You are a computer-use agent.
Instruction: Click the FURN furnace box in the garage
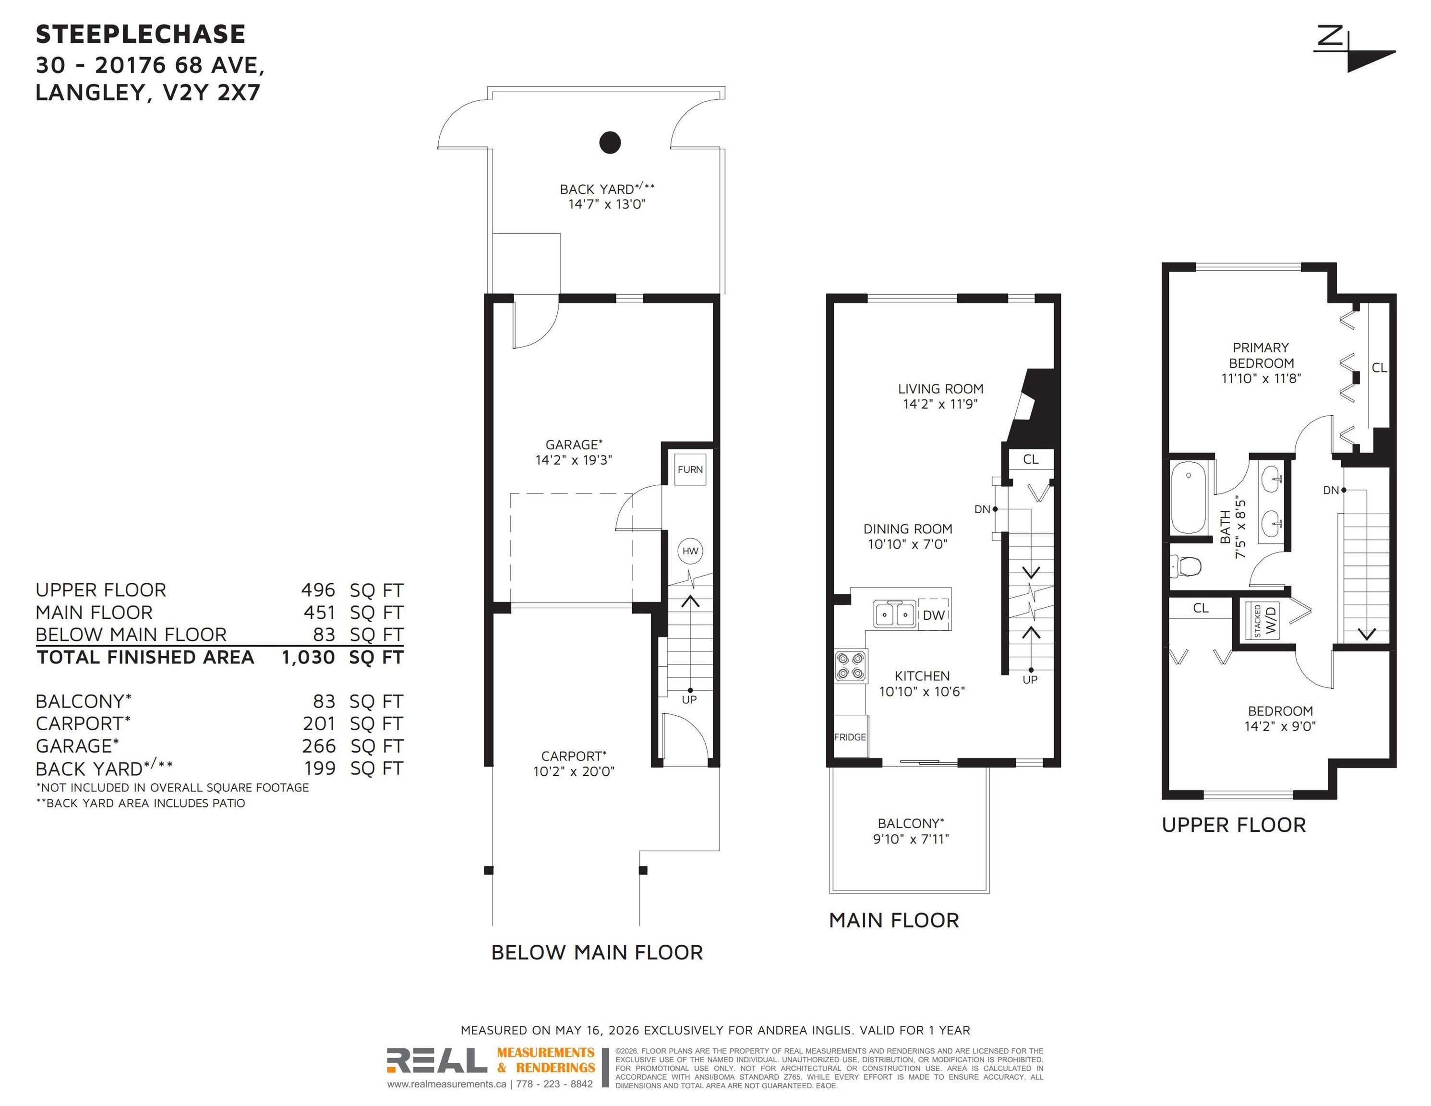pyautogui.click(x=691, y=469)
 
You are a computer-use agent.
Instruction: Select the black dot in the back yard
pyautogui.click(x=610, y=142)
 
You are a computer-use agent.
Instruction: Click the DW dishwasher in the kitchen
pyautogui.click(x=934, y=614)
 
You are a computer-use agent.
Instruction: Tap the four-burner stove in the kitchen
pyautogui.click(x=851, y=666)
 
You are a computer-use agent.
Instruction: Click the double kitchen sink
pyautogui.click(x=895, y=614)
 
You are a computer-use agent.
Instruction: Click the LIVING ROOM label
pyautogui.click(x=940, y=388)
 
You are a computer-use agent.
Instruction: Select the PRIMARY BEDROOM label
pyautogui.click(x=1261, y=355)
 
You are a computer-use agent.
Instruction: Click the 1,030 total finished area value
pyautogui.click(x=308, y=657)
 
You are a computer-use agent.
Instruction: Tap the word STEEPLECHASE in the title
pyautogui.click(x=141, y=34)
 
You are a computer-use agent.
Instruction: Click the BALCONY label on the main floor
pyautogui.click(x=911, y=823)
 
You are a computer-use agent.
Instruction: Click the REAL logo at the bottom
pyautogui.click(x=437, y=1060)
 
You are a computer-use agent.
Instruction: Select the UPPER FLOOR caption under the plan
pyautogui.click(x=1234, y=825)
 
